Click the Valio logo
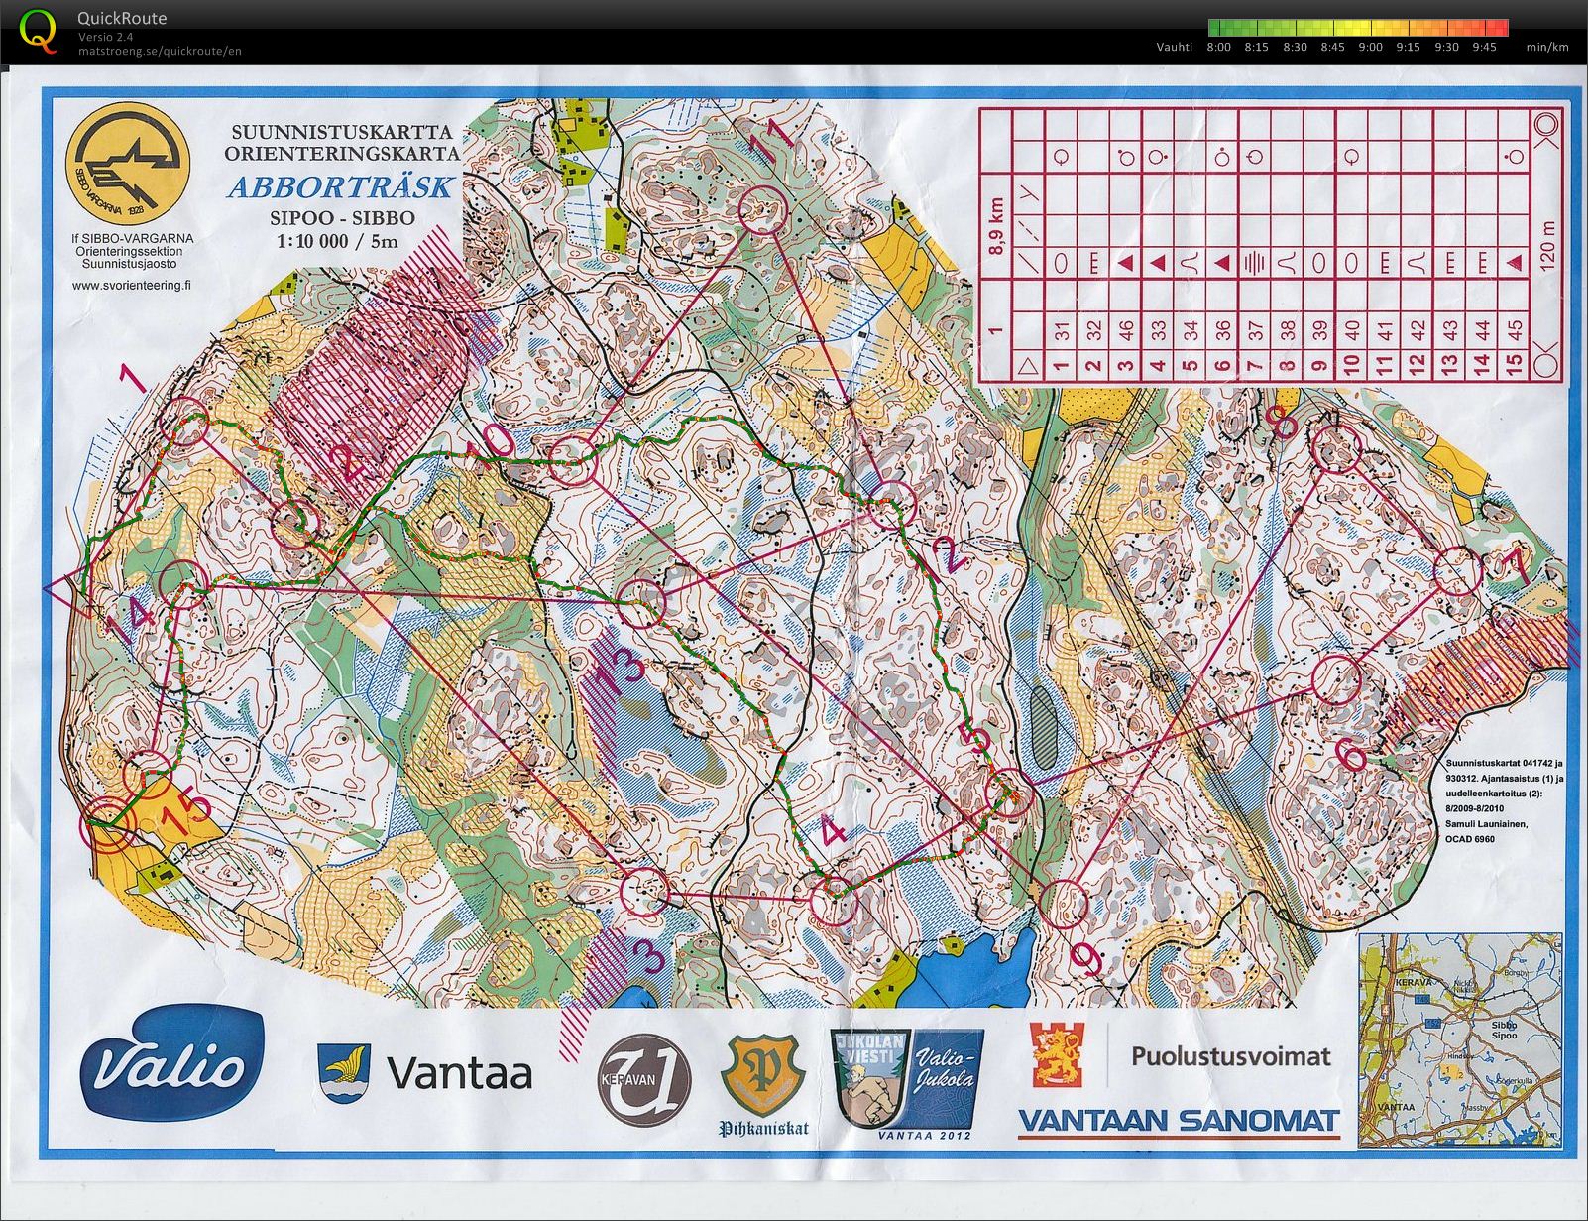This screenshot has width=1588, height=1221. [171, 1067]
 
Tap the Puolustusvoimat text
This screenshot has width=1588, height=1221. [1230, 1056]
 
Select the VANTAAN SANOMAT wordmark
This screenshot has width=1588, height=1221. [1179, 1121]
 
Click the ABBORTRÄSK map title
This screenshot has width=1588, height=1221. [341, 187]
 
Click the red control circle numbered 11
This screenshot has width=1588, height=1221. [763, 209]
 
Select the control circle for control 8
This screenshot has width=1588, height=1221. [1335, 448]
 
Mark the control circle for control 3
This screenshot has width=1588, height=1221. [645, 891]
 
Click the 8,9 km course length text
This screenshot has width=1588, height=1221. [996, 225]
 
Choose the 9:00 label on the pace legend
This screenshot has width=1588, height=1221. [1370, 47]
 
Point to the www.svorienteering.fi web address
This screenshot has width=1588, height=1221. [132, 284]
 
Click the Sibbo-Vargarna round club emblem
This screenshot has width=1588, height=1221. [128, 161]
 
